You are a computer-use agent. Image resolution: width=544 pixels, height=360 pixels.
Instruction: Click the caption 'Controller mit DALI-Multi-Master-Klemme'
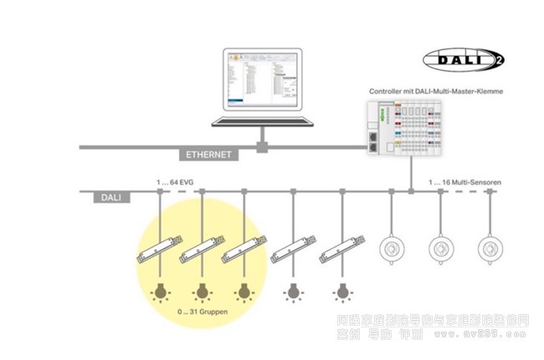click(x=436, y=90)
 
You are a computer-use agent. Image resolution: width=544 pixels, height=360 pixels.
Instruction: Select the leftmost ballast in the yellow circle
click(x=158, y=249)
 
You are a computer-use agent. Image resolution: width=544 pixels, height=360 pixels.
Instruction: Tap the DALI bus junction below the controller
click(x=411, y=193)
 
